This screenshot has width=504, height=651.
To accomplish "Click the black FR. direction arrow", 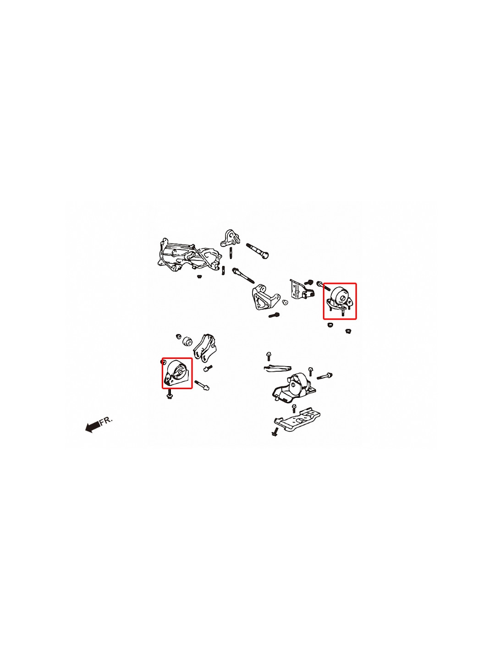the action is tap(93, 427).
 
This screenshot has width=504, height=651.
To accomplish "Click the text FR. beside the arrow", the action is tap(106, 421).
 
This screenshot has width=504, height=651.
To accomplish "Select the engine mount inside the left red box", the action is tap(176, 373).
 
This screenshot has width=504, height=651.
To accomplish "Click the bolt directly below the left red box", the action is tap(170, 394).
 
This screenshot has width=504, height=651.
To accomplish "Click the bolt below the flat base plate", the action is tap(275, 432).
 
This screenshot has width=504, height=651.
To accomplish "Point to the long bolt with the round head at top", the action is tap(257, 251).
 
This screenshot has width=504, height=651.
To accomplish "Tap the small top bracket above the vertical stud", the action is tap(230, 239).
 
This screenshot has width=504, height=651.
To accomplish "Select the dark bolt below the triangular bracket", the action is tap(274, 315).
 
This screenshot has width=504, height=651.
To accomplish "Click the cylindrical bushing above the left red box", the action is tap(188, 341).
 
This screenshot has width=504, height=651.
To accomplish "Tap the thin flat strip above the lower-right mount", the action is tap(277, 368).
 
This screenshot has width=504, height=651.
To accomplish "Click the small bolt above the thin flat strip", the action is tap(268, 357).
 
